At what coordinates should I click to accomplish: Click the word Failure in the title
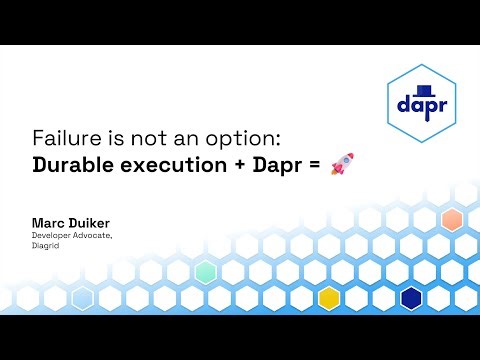click(x=58, y=138)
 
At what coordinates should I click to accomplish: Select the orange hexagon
click(x=451, y=220)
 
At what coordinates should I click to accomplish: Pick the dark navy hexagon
click(x=411, y=297)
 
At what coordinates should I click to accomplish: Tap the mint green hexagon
click(x=205, y=271)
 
